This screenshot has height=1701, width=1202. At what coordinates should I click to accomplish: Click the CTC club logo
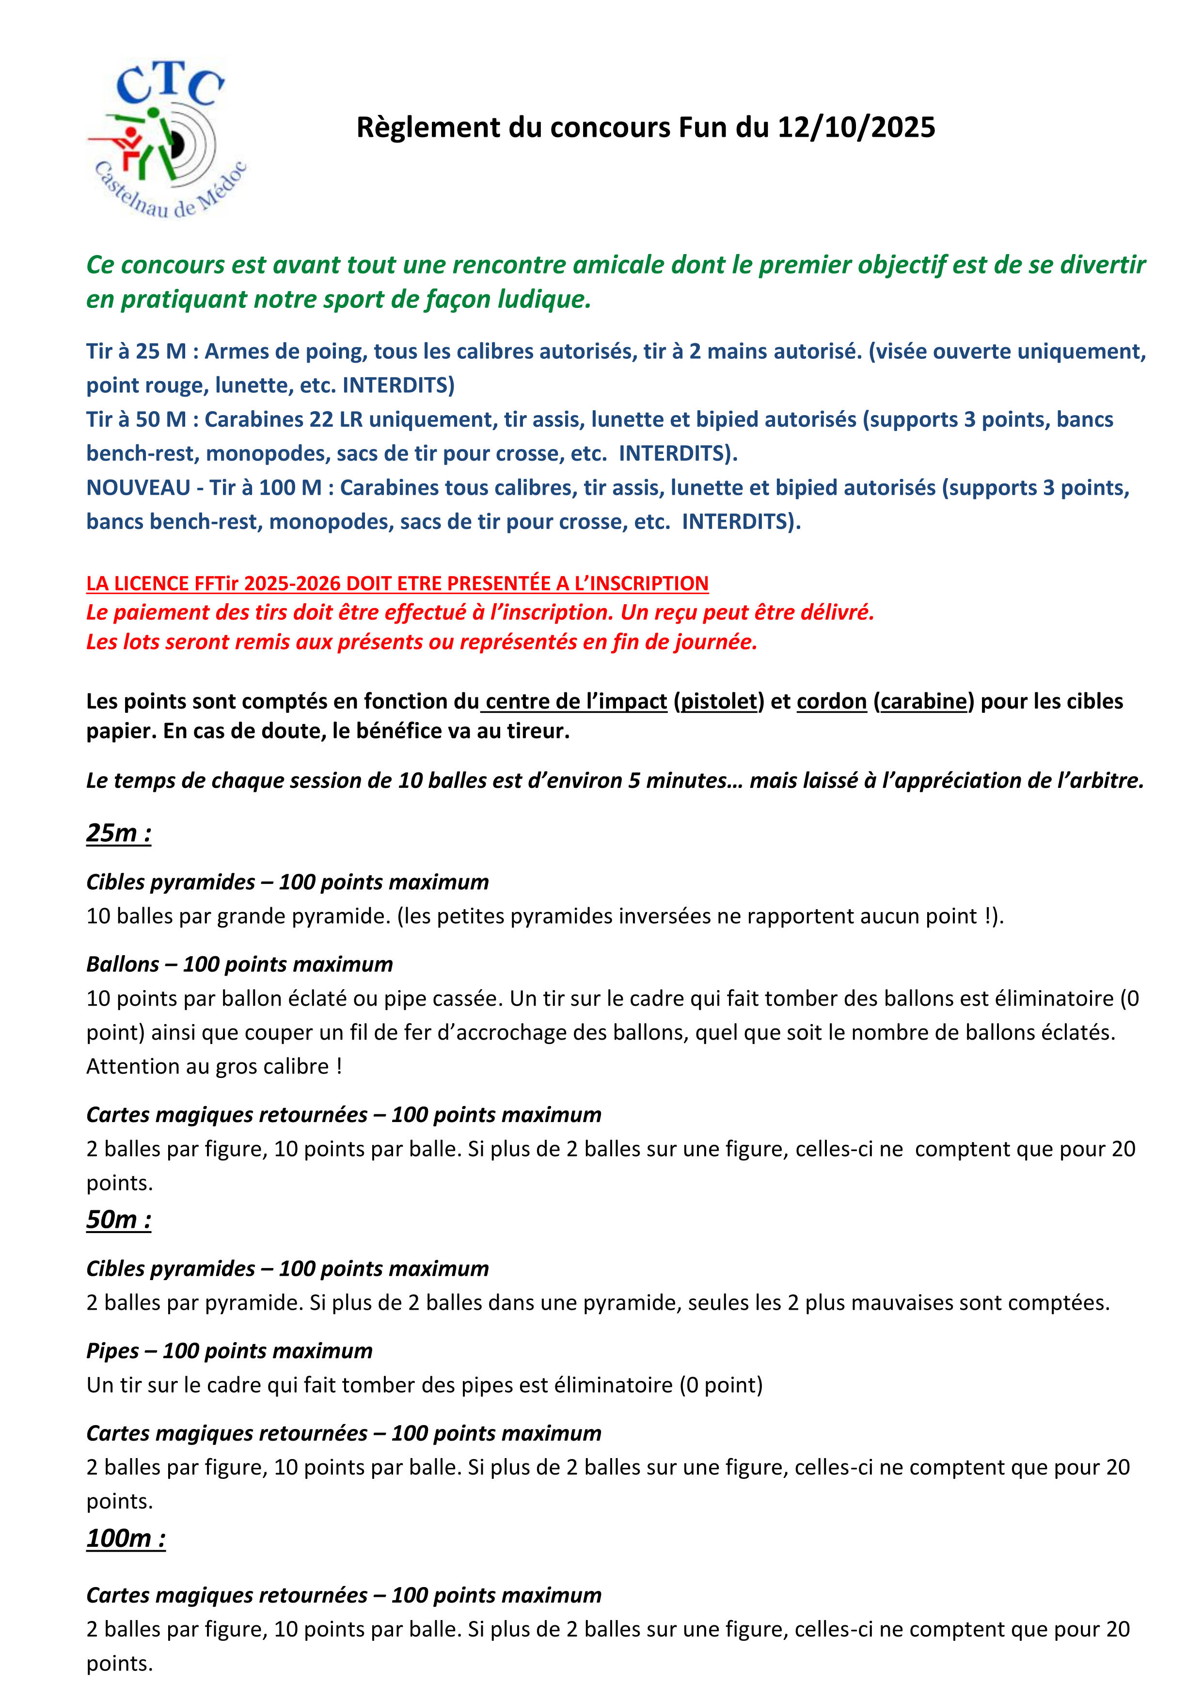tap(167, 139)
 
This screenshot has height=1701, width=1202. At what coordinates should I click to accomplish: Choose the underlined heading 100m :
tap(126, 1538)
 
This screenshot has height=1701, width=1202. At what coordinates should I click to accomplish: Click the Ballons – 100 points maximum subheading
tap(239, 964)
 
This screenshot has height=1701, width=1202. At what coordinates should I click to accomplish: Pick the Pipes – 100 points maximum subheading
tap(229, 1350)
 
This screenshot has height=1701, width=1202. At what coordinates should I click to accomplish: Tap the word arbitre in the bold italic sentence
tap(1105, 780)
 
